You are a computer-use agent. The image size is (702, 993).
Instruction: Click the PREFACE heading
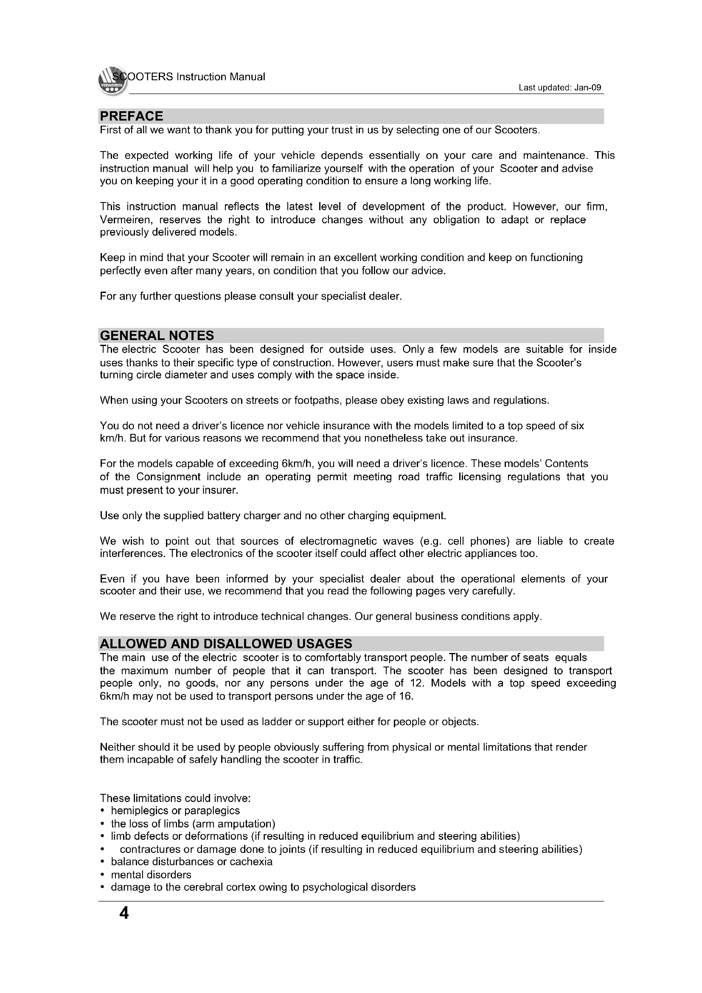pyautogui.click(x=132, y=116)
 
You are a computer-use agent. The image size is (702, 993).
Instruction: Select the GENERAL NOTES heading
pyautogui.click(x=157, y=335)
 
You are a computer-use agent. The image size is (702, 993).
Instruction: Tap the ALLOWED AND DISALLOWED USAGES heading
pyautogui.click(x=226, y=644)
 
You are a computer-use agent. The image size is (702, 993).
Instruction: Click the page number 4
pyautogui.click(x=124, y=913)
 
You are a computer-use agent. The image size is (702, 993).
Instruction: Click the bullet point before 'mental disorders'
pyautogui.click(x=102, y=875)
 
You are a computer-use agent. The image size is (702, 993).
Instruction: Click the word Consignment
pyautogui.click(x=168, y=477)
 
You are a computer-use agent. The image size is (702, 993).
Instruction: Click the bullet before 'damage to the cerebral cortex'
pyautogui.click(x=102, y=887)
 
